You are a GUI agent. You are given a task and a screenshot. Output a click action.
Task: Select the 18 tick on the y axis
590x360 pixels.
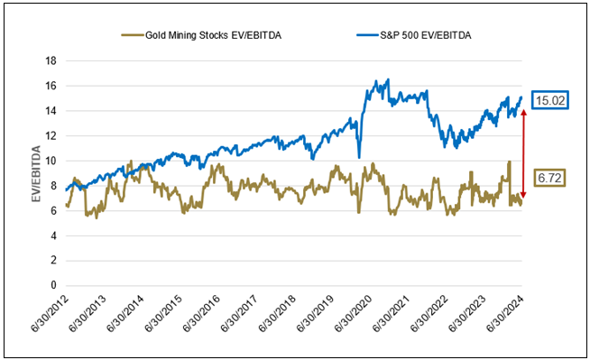point(51,60)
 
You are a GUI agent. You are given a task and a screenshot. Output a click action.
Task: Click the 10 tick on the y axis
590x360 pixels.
point(51,161)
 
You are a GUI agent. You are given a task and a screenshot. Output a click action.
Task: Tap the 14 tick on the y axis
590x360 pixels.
point(51,110)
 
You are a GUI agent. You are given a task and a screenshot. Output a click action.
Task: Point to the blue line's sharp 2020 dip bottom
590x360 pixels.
point(358,157)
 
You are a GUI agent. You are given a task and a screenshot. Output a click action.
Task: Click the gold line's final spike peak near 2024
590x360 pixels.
point(510,162)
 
